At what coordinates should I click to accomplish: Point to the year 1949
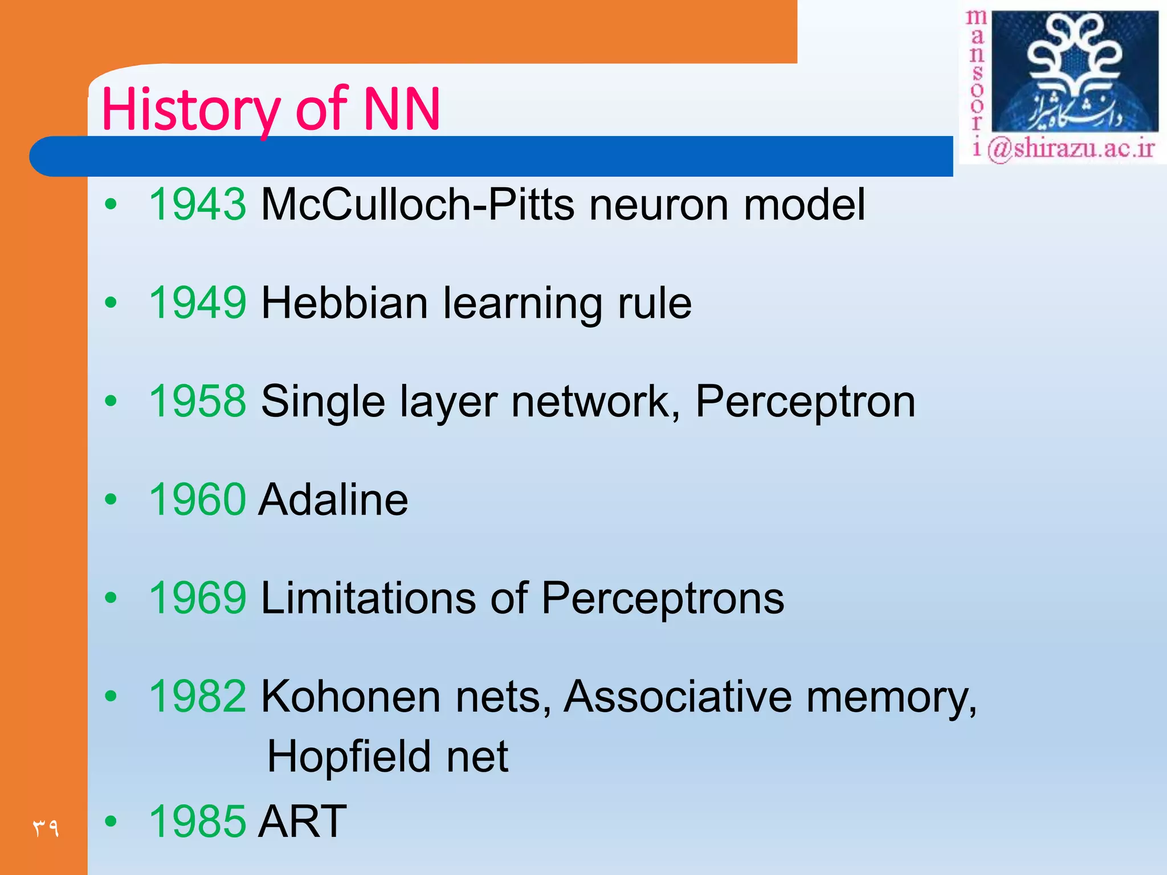(197, 302)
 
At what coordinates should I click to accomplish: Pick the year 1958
(197, 401)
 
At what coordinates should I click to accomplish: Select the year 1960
(197, 500)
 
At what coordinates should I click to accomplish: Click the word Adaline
(333, 500)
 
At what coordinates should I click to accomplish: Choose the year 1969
(197, 598)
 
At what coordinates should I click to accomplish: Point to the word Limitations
(368, 598)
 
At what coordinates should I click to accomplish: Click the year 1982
(197, 696)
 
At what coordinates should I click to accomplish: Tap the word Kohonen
(350, 696)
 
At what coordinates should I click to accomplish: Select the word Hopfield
(348, 757)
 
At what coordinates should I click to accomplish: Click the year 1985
(197, 821)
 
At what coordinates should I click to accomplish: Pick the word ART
(302, 821)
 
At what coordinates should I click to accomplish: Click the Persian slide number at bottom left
(46, 827)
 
